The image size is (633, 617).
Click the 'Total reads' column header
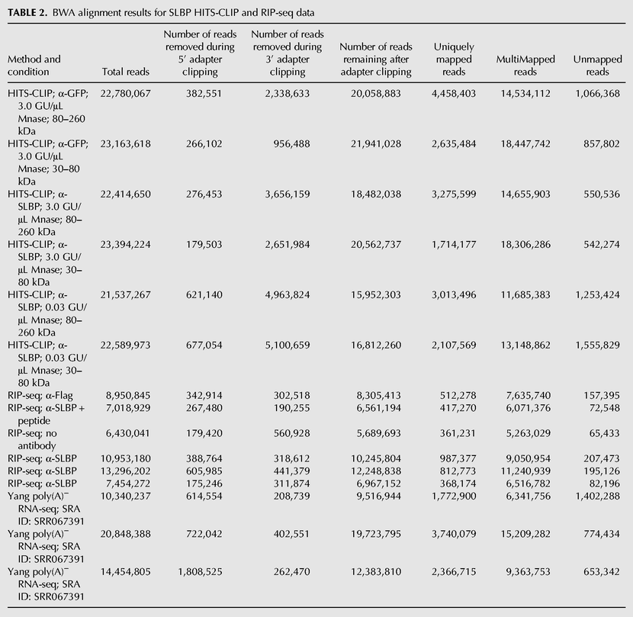126,72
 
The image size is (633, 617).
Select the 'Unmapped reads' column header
597,66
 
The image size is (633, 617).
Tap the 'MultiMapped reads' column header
525,66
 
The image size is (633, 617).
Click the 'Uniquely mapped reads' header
454,59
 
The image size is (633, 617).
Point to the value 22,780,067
126,94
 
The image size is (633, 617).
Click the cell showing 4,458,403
454,94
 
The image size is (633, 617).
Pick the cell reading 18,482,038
376,194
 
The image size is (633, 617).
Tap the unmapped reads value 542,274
602,245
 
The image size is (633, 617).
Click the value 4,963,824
288,295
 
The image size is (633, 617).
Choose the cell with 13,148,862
525,345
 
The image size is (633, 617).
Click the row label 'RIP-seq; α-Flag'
40,396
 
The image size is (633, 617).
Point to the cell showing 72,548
604,408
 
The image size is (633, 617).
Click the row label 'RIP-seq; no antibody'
32,439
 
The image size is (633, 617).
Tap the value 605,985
204,471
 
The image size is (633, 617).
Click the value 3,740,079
454,534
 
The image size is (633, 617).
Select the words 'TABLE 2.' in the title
27,13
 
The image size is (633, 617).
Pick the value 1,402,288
597,496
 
